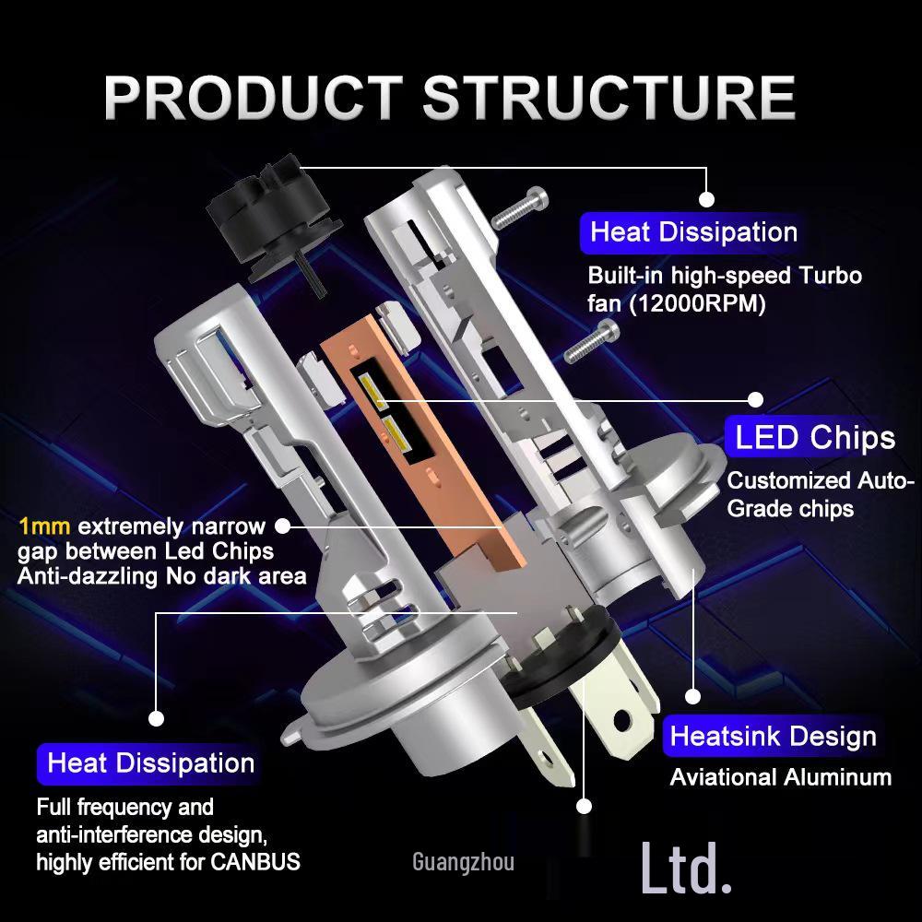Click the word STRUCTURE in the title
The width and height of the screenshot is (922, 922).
coord(609,96)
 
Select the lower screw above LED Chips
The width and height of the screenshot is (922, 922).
coord(590,342)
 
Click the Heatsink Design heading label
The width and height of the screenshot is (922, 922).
coord(773,737)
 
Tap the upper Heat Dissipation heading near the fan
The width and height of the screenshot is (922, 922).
coord(693,232)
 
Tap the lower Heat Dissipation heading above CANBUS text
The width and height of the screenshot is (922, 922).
coord(150,763)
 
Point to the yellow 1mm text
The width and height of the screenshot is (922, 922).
coord(44,527)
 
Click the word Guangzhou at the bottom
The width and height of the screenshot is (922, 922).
coord(463,863)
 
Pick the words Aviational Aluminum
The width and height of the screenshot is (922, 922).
coord(780,777)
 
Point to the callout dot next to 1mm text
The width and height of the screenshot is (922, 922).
coord(283,526)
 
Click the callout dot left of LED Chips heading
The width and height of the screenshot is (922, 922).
coord(755,399)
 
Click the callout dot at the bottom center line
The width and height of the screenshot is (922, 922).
coord(583,806)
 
